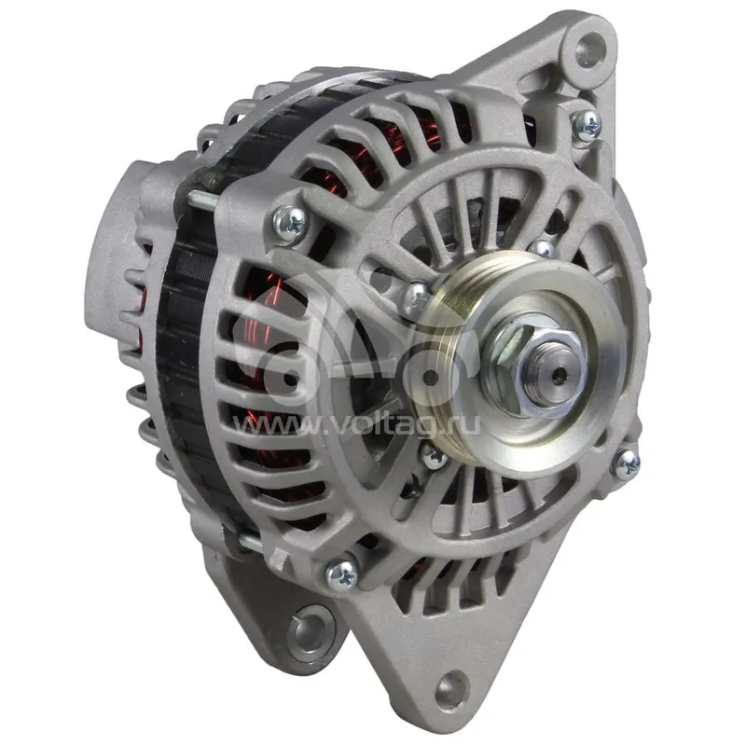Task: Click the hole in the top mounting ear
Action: [590, 50]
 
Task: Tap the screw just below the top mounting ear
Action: [587, 126]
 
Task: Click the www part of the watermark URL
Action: [276, 426]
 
